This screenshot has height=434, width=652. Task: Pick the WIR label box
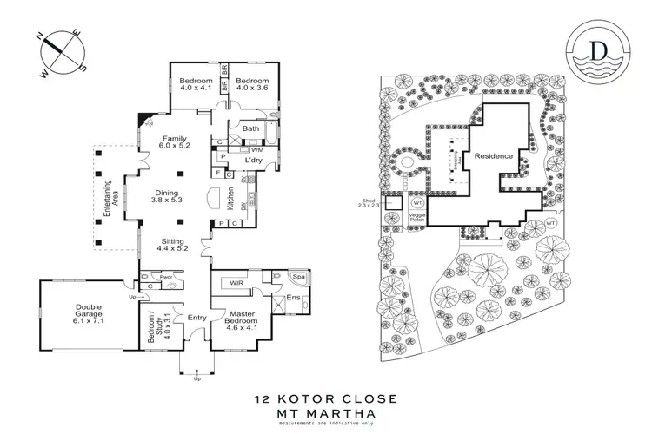234,283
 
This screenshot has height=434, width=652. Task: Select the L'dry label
253,160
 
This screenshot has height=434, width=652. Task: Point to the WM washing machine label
257,149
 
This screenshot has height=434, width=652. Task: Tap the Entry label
196,318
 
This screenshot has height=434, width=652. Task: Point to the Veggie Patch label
422,220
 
